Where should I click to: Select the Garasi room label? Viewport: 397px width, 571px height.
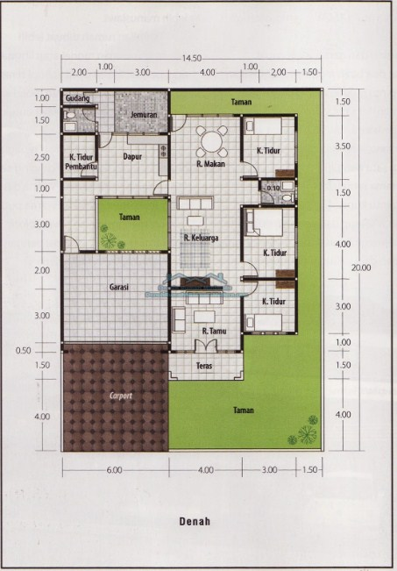tap(120, 286)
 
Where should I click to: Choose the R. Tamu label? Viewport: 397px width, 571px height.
tap(216, 331)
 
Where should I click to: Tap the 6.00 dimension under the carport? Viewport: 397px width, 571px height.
tap(114, 471)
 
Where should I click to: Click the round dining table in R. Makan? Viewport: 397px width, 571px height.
tap(211, 139)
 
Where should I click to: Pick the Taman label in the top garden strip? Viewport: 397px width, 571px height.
tap(241, 103)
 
